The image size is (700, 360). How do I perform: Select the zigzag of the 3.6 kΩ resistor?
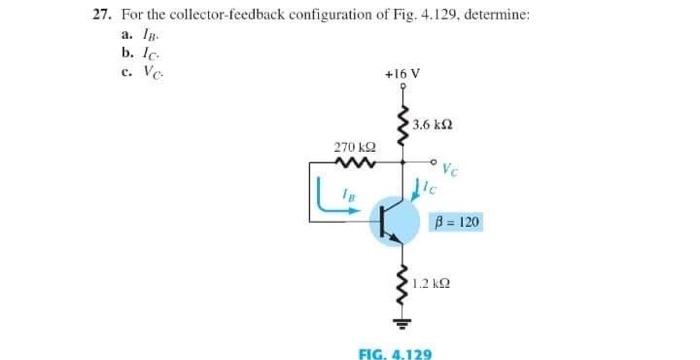coord(402,127)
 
